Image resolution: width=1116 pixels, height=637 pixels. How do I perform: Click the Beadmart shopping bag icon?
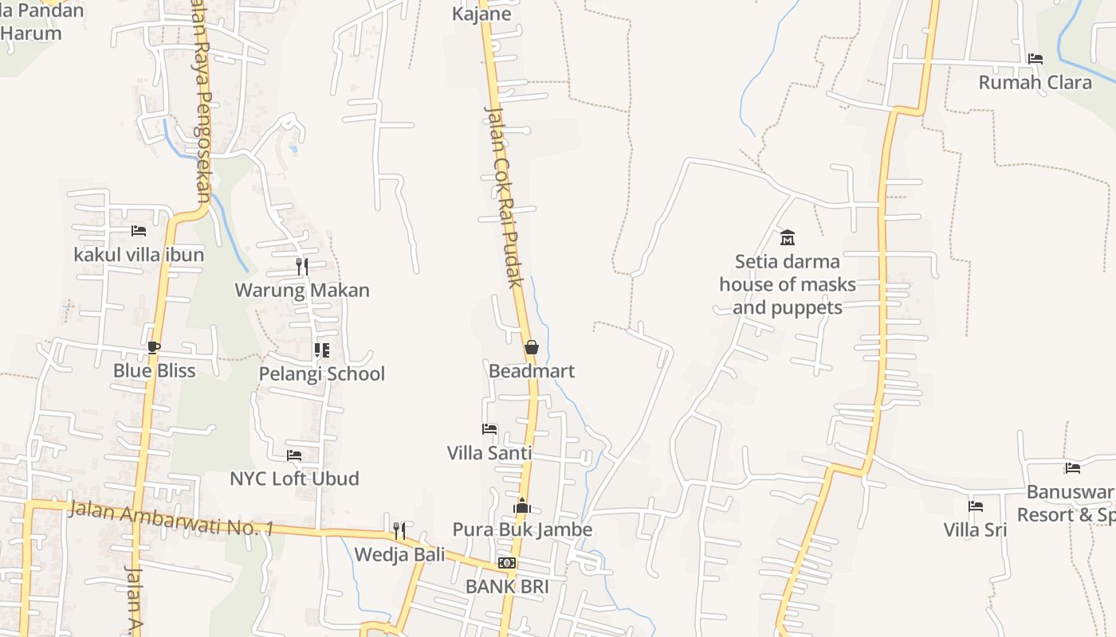[x=532, y=347]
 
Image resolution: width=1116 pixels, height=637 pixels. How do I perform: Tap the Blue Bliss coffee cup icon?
[x=154, y=347]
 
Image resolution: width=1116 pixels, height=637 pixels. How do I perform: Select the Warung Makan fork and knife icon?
[x=302, y=266]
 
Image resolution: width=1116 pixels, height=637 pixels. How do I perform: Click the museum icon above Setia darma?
[x=788, y=237]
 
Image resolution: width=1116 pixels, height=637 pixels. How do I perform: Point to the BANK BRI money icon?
[x=507, y=563]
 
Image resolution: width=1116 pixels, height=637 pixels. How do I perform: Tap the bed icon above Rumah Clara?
[x=1035, y=59]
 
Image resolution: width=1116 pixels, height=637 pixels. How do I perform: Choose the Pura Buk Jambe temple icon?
[x=522, y=506]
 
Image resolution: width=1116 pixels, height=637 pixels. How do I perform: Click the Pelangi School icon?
[x=322, y=350]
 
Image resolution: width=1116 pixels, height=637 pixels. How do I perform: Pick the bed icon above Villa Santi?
[x=489, y=429]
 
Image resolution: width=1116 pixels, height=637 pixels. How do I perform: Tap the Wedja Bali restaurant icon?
[x=399, y=530]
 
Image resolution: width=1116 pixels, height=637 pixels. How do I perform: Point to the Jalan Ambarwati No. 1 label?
[x=171, y=518]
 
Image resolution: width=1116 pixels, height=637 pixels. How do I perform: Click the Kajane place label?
[x=481, y=14]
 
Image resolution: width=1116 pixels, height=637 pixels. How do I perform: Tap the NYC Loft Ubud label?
[x=294, y=479]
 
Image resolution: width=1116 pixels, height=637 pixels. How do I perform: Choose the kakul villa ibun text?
[x=139, y=255]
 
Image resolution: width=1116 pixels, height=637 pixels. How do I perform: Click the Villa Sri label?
[x=975, y=530]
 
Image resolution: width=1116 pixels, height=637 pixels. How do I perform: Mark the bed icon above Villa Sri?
[x=975, y=506]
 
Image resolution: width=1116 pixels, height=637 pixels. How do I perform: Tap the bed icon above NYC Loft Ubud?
[x=294, y=455]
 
